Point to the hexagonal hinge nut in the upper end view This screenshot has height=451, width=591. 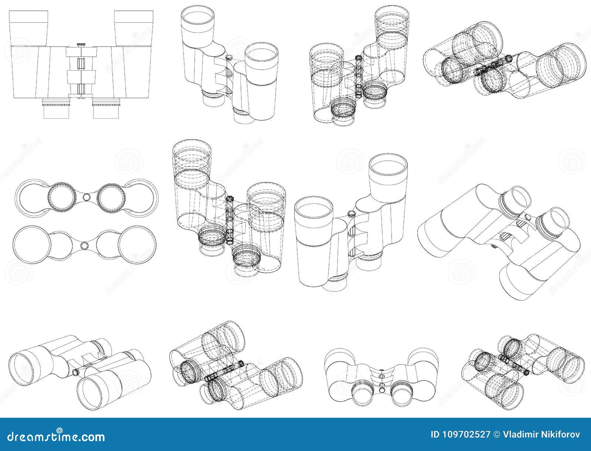[x=86, y=196]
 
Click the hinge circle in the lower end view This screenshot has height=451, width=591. [x=85, y=245]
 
